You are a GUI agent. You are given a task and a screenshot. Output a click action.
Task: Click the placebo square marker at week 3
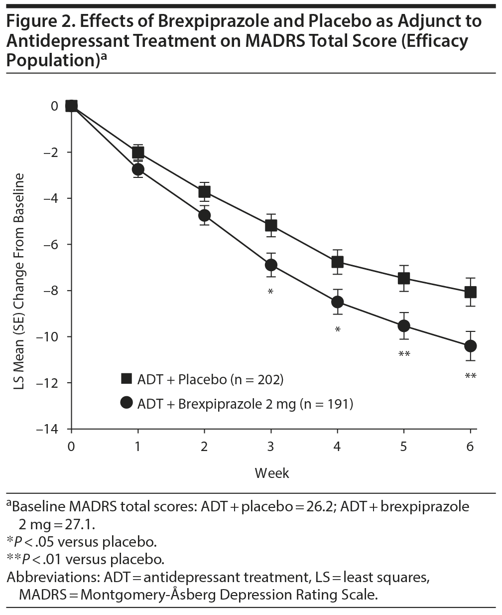[x=271, y=225]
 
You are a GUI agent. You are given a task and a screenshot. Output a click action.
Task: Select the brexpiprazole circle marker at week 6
[x=470, y=346]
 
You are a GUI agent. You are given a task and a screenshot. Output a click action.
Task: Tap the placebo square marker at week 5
[x=404, y=278]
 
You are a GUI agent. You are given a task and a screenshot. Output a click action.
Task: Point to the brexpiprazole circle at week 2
[x=204, y=215]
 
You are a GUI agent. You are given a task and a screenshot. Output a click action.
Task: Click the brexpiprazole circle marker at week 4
[x=337, y=302]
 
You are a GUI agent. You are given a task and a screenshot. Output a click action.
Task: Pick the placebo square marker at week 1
[x=138, y=152]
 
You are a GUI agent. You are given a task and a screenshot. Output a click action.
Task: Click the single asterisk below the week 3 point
[x=270, y=292]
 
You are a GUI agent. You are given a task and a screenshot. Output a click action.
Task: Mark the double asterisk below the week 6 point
[x=470, y=376]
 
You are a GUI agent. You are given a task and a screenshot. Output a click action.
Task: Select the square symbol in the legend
[x=127, y=379]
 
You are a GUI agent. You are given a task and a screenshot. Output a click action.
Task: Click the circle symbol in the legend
[x=127, y=403]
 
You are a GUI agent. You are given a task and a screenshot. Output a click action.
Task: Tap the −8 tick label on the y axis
[x=51, y=291]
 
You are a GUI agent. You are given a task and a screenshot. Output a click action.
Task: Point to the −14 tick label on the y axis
[x=49, y=429]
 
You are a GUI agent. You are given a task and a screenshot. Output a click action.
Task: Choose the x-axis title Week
[x=272, y=472]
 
